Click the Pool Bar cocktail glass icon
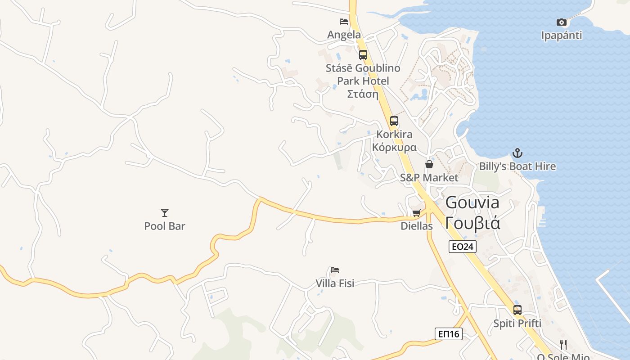click(165, 212)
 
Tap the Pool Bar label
click(165, 226)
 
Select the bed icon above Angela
click(344, 22)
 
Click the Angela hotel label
click(344, 35)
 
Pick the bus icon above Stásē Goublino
click(363, 55)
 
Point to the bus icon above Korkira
click(394, 121)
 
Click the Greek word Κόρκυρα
click(394, 148)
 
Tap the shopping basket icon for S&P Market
click(429, 164)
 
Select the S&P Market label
click(429, 178)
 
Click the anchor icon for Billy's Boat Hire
click(517, 153)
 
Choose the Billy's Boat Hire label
click(517, 166)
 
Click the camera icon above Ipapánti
click(561, 22)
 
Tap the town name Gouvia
click(472, 202)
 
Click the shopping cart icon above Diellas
click(416, 213)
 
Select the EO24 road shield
click(462, 246)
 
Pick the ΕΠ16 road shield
click(449, 333)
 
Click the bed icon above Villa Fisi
click(335, 270)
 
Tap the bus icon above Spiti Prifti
click(517, 310)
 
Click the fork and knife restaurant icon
click(563, 345)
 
